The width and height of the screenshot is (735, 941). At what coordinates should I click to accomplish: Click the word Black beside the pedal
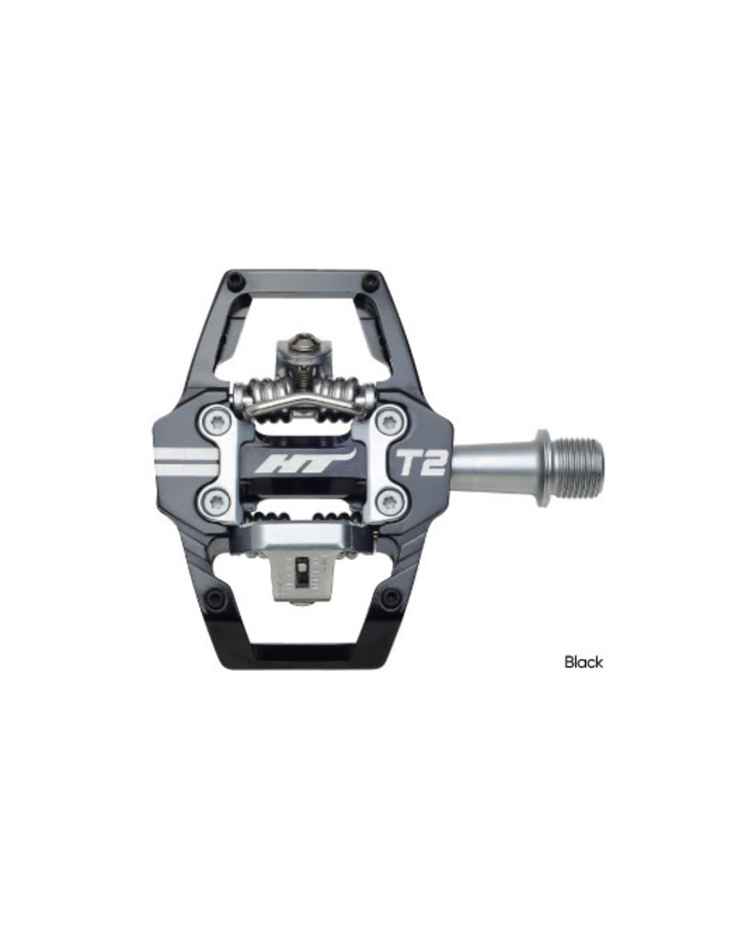tap(583, 662)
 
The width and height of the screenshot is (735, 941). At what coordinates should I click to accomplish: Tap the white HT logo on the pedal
tap(305, 463)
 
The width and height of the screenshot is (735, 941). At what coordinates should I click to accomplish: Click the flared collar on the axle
tap(542, 468)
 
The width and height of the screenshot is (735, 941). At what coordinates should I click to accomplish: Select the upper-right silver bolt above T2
tap(390, 420)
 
